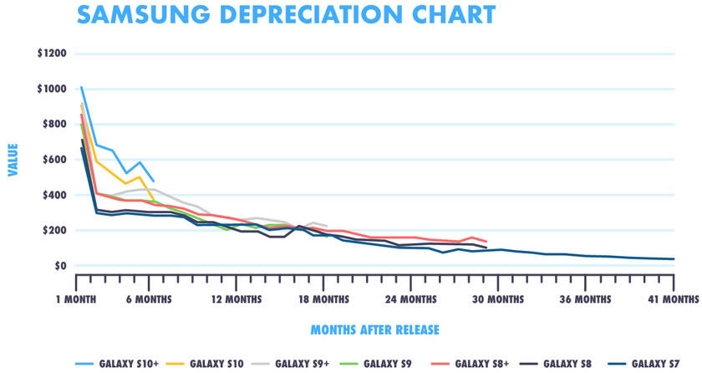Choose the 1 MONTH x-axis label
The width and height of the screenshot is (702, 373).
(77, 299)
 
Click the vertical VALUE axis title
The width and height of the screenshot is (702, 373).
(13, 160)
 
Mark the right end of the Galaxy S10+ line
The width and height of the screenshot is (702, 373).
(154, 181)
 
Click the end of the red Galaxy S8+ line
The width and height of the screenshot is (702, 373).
(486, 243)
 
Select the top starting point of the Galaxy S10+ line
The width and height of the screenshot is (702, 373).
(81, 86)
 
